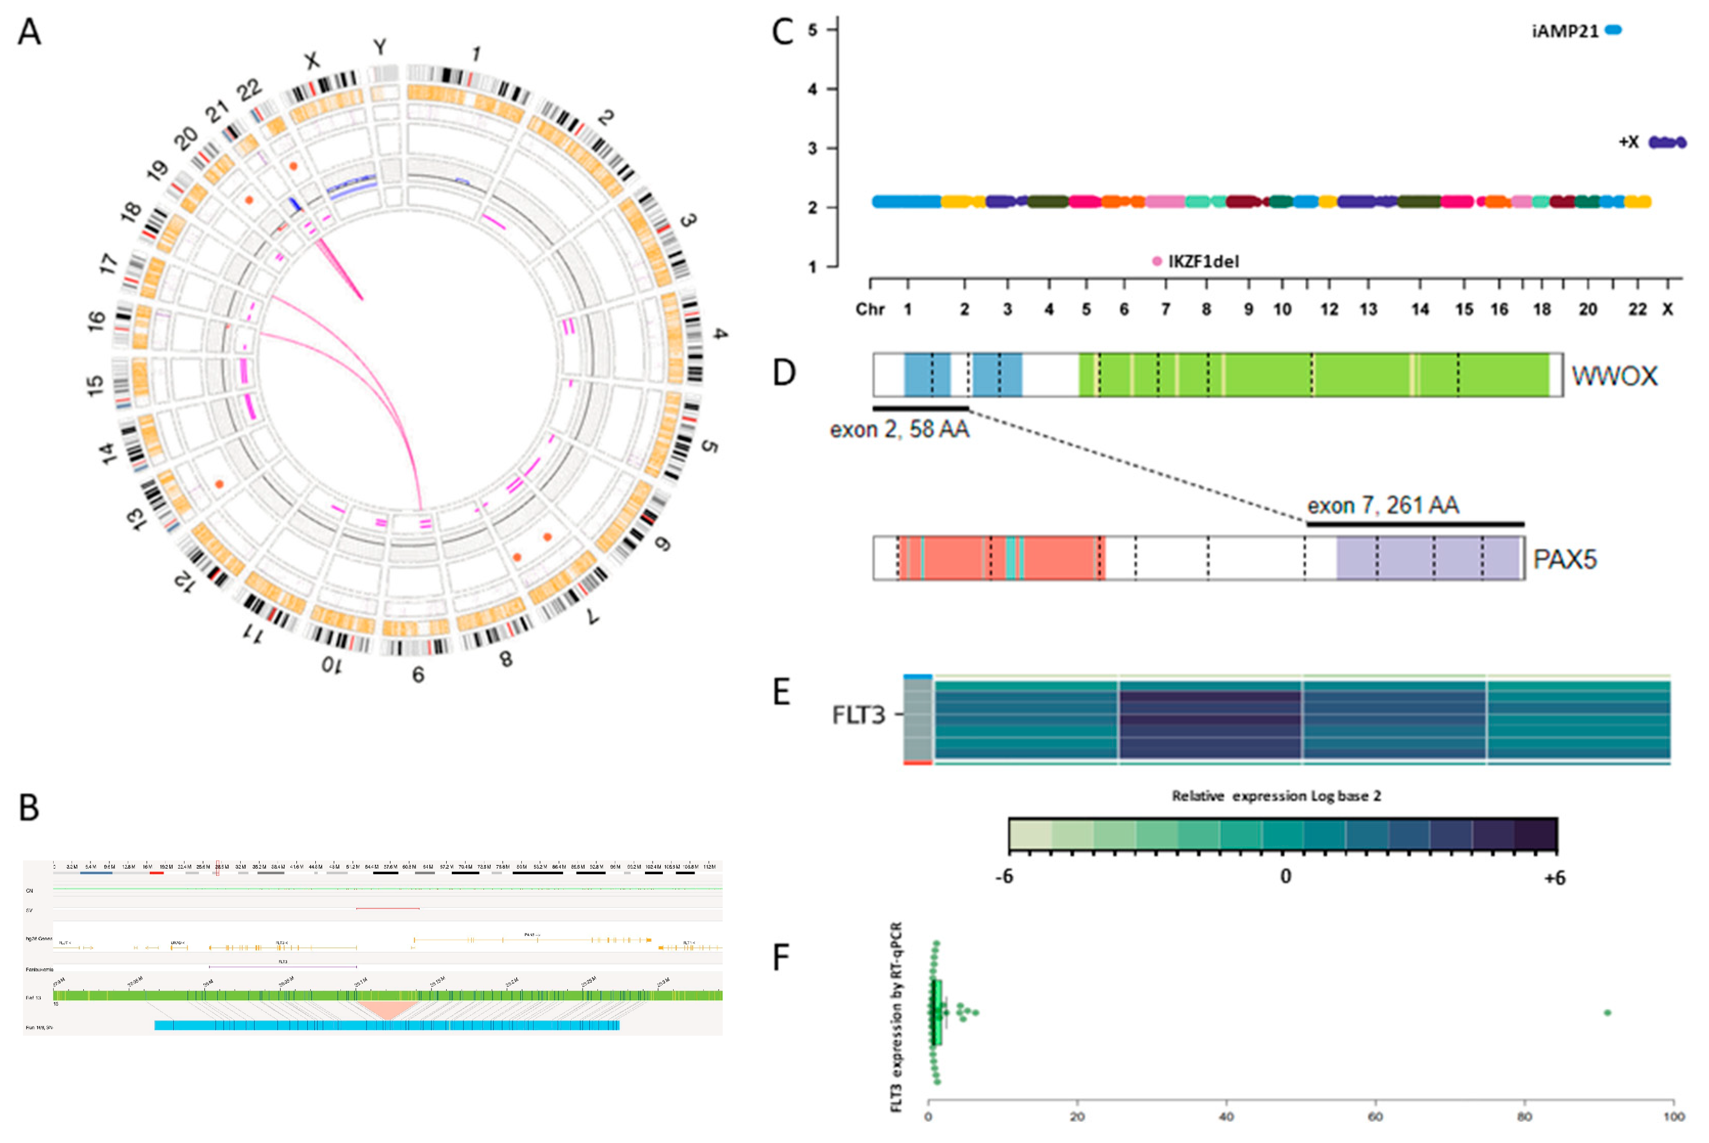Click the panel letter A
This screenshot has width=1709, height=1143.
pyautogui.click(x=29, y=32)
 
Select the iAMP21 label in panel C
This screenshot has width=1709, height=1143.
pyautogui.click(x=1565, y=31)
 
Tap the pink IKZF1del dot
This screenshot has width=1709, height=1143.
pyautogui.click(x=1157, y=261)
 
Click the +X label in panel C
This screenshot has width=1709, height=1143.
pyautogui.click(x=1628, y=142)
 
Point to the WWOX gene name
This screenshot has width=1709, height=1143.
pyautogui.click(x=1613, y=376)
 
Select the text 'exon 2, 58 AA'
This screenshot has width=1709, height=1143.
pyautogui.click(x=899, y=429)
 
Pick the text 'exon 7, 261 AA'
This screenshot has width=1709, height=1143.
pyautogui.click(x=1382, y=505)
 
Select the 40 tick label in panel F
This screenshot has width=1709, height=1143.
pyautogui.click(x=1227, y=1117)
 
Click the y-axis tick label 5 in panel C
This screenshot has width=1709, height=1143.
pyautogui.click(x=812, y=30)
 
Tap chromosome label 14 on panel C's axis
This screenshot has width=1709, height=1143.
pyautogui.click(x=1420, y=310)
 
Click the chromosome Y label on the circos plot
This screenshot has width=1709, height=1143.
pyautogui.click(x=380, y=48)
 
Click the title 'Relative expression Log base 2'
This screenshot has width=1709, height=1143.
pyautogui.click(x=1276, y=796)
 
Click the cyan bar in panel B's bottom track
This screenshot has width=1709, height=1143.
pyautogui.click(x=386, y=1025)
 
